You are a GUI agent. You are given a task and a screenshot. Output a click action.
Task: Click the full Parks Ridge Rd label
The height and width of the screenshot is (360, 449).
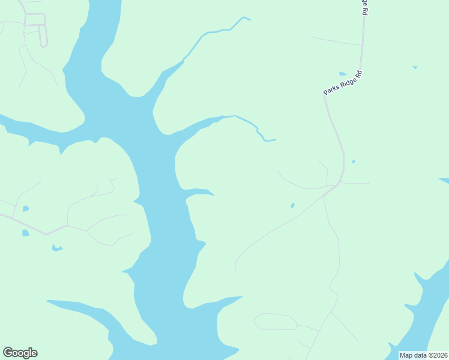[343, 82]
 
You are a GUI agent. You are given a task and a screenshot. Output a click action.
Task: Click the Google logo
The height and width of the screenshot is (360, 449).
[20, 353]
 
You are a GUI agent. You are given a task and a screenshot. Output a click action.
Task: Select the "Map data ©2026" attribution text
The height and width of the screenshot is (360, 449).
[423, 355]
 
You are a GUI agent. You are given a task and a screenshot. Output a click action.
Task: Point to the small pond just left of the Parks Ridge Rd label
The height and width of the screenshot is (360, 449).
[343, 74]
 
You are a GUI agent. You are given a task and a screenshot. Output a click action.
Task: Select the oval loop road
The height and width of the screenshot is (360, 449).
[276, 322]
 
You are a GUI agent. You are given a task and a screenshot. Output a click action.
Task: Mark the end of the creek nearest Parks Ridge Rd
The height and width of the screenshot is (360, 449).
[274, 140]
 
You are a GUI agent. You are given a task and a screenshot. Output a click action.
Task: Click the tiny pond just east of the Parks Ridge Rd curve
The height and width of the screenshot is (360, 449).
[353, 161]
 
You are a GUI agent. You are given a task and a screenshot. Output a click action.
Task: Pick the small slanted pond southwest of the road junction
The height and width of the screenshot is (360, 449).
[292, 205]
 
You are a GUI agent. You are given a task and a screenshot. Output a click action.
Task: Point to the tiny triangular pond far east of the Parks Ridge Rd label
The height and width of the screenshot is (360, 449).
[415, 67]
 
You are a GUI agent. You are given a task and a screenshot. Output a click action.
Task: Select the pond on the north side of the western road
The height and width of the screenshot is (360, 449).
[25, 209]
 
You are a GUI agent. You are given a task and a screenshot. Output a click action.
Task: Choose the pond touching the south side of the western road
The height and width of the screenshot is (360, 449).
[25, 233]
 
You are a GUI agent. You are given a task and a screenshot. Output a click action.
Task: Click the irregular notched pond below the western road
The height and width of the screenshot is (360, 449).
[57, 247]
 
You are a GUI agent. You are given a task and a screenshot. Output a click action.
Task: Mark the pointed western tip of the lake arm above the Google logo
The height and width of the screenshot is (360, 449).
[48, 301]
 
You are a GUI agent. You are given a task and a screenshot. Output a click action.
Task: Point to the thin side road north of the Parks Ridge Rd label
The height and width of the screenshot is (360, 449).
[336, 41]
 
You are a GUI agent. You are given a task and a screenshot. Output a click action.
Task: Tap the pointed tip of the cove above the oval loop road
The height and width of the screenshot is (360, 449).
[242, 296]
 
